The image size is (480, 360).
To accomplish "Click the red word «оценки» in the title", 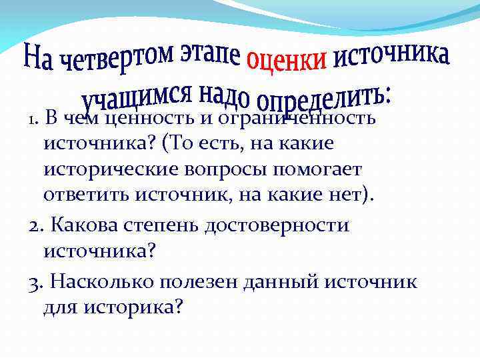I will (x=287, y=59).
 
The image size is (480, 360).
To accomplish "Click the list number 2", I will (x=35, y=225).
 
